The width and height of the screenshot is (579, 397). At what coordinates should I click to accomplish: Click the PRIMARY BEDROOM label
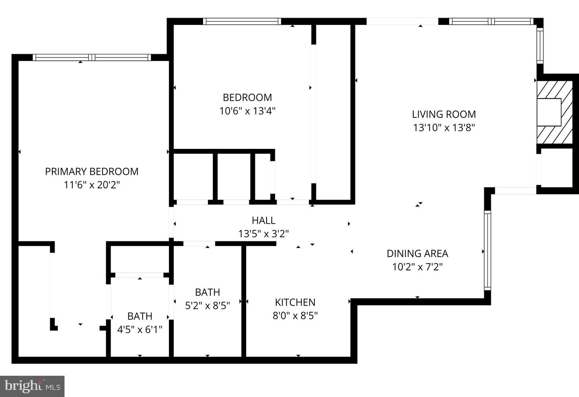pos(92,171)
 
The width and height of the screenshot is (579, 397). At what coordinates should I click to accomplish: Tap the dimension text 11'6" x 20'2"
pos(92,185)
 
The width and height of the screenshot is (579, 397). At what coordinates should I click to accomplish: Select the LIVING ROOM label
pos(444,114)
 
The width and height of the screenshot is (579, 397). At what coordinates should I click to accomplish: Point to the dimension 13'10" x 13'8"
pos(444,128)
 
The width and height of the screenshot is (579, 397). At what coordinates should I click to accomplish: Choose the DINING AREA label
pos(417,253)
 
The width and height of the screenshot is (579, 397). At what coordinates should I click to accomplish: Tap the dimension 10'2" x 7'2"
pos(417,267)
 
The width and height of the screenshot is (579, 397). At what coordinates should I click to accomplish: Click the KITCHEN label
pos(295,302)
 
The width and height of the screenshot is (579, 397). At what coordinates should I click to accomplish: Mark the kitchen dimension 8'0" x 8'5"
pos(295,316)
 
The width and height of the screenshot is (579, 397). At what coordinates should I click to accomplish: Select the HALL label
pos(263,220)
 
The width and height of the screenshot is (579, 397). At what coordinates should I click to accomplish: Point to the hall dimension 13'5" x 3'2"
pos(263,234)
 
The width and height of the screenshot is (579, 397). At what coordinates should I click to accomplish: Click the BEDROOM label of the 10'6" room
pos(247,97)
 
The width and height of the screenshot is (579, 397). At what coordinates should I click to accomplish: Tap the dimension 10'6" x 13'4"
pos(247,111)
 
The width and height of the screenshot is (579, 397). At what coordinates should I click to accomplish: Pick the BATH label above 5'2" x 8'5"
pos(207,292)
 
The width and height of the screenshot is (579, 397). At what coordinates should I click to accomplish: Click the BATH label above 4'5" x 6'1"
pos(140,316)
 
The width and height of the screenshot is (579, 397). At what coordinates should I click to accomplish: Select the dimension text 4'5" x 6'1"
pos(140,330)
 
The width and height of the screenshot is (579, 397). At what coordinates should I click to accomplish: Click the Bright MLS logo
pos(32,386)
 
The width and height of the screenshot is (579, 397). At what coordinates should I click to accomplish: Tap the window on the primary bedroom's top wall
pos(92,58)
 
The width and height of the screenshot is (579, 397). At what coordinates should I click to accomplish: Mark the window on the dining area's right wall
pos(487,250)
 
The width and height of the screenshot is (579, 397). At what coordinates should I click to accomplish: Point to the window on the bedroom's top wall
pos(242,21)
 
